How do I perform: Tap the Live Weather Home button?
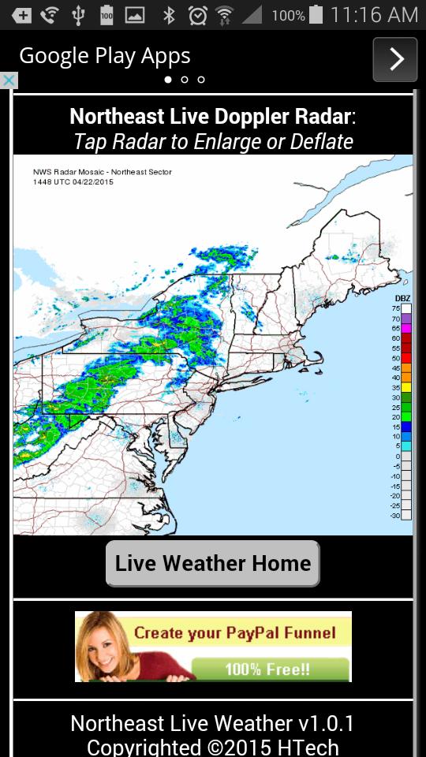213,563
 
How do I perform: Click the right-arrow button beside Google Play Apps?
395,59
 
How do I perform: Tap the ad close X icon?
8,80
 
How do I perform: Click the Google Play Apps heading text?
105,57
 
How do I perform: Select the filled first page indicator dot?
168,80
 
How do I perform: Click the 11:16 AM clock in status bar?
374,14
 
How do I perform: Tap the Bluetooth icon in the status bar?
168,14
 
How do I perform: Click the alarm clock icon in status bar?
197,14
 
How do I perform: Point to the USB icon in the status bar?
78,14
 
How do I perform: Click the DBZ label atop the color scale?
402,298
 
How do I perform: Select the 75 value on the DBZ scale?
396,308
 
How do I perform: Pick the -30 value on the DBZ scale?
395,515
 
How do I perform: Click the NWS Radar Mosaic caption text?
102,172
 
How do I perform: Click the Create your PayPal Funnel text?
234,632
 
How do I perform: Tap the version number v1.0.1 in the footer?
326,723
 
